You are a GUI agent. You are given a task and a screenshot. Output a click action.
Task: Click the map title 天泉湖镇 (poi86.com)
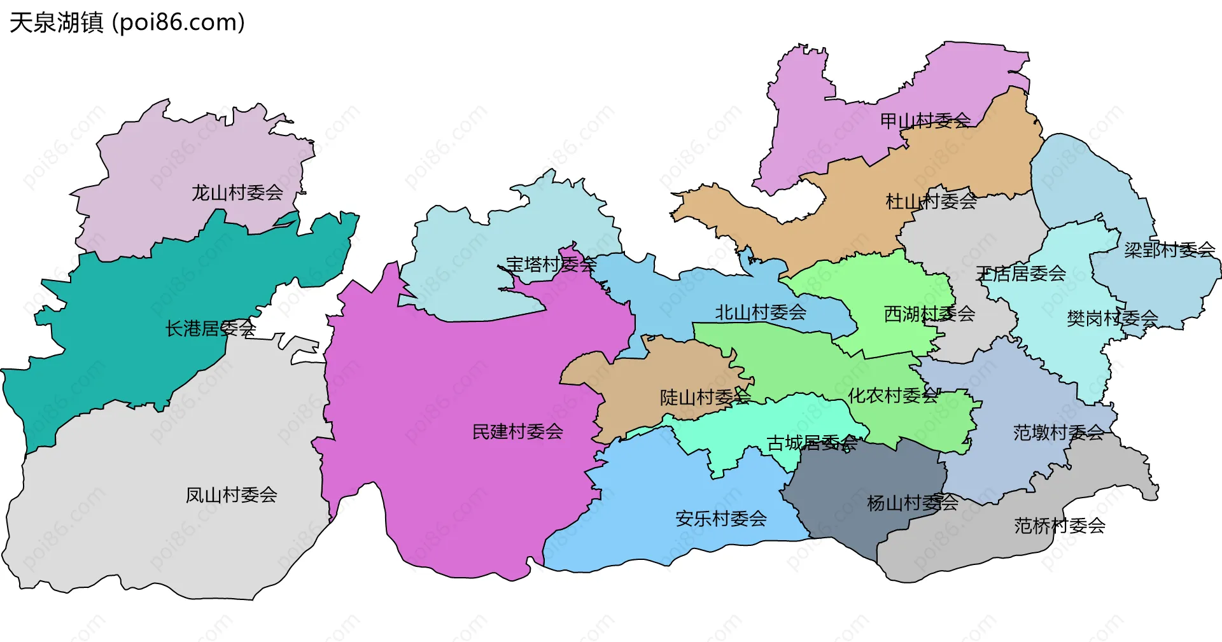point(127,23)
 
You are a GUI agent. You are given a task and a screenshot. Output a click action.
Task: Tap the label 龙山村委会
point(237,193)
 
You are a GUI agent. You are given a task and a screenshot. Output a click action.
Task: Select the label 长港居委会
point(211,328)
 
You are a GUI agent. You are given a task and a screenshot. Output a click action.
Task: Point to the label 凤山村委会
point(232,495)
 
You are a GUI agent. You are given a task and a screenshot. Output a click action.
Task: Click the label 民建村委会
point(517,432)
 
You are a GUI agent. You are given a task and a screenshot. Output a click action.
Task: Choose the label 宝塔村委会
point(551,265)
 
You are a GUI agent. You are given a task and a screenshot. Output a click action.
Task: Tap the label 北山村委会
point(761,312)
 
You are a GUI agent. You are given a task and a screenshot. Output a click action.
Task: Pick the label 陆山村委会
point(705,398)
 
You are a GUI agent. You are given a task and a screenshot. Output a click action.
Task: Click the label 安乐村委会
point(721,519)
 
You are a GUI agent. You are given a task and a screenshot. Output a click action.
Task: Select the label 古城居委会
point(812,443)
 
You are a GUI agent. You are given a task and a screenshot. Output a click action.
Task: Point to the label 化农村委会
point(893,396)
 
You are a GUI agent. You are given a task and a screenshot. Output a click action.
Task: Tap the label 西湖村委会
point(929,314)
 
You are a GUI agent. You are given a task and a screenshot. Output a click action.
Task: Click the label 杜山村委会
point(931,202)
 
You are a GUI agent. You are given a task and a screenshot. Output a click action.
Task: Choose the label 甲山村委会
point(925,120)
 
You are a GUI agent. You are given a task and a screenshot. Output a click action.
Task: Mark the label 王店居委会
point(1021,274)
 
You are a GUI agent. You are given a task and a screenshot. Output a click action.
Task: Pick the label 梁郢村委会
point(1169,250)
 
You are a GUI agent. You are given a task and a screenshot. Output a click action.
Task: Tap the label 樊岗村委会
point(1112,318)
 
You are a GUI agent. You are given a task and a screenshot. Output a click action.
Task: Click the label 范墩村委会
point(1058,433)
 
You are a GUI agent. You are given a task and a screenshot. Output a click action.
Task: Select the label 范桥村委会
point(1060,526)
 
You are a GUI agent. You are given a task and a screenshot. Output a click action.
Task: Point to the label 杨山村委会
point(913,503)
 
